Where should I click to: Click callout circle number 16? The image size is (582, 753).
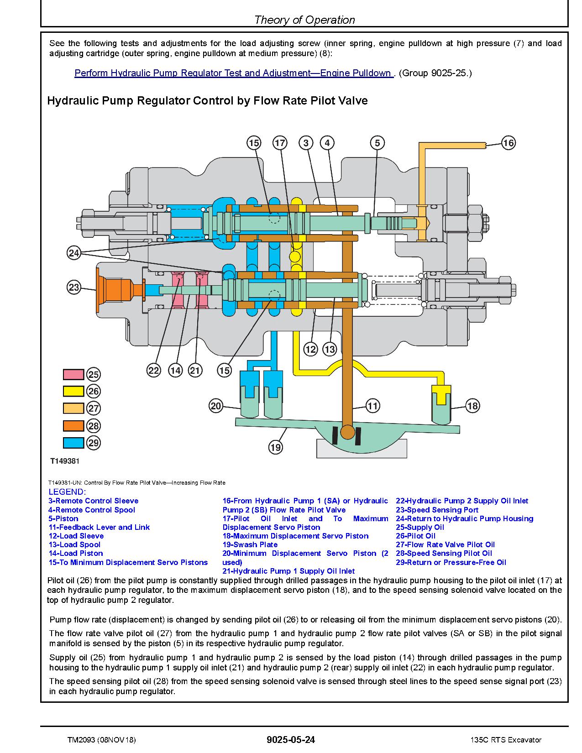coord(508,143)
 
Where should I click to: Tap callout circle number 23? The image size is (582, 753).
coord(74,287)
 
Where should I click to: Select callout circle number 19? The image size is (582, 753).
coord(276,447)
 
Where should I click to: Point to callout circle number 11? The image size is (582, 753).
coord(372,406)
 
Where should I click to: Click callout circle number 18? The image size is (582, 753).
coord(472,406)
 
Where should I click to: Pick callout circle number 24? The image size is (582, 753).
coord(74,253)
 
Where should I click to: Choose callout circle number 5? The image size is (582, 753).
coord(378,143)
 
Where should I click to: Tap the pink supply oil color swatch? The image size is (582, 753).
coord(73,375)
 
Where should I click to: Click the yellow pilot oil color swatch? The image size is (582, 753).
coord(73,392)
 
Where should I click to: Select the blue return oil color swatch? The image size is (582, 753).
coord(73,443)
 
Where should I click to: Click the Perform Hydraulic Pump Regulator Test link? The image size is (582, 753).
coord(234,73)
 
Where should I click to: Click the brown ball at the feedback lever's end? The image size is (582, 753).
coord(347,432)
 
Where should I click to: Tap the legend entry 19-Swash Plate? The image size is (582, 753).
coord(250,544)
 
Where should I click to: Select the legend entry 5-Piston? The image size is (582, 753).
coord(63,518)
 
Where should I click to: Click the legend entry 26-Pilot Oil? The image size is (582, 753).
coord(415,536)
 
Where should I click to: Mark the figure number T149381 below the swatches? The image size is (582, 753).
coord(65,461)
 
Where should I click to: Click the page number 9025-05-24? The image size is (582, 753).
coord(291,739)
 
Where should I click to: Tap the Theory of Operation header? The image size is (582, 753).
coord(304,20)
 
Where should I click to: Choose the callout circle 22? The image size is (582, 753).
coord(153,371)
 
